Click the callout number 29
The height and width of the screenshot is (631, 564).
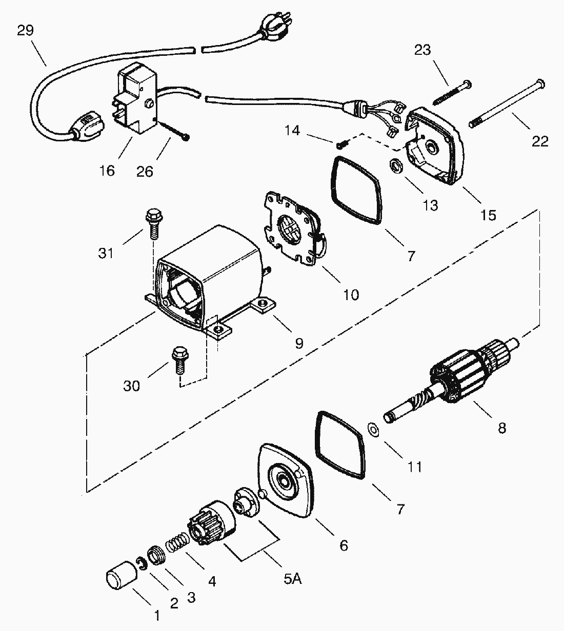(x=25, y=31)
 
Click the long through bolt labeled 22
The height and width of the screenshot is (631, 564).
(x=508, y=105)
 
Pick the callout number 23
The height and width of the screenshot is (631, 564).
(x=423, y=50)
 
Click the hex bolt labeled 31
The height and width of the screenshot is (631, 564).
(x=153, y=223)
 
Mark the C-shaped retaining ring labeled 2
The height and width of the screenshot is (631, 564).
(x=142, y=563)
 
